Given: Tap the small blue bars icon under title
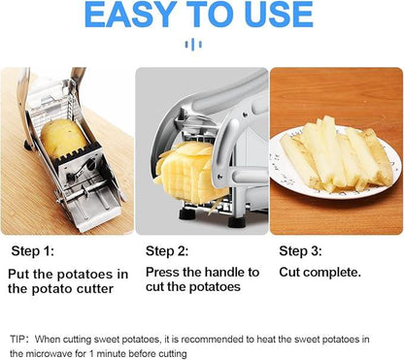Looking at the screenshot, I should tap(201, 45).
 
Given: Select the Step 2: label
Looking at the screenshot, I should tap(166, 250).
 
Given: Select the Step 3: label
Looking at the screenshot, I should tap(300, 250).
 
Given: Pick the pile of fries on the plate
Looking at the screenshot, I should tap(335, 153).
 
